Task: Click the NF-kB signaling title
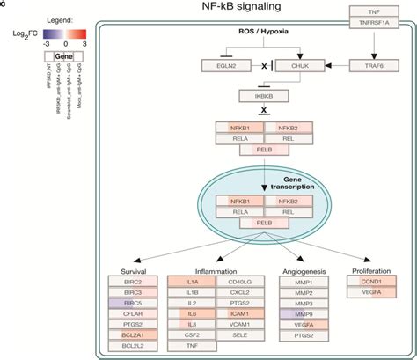(x=230, y=9)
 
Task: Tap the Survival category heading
(x=130, y=271)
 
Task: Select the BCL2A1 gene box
(x=130, y=335)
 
